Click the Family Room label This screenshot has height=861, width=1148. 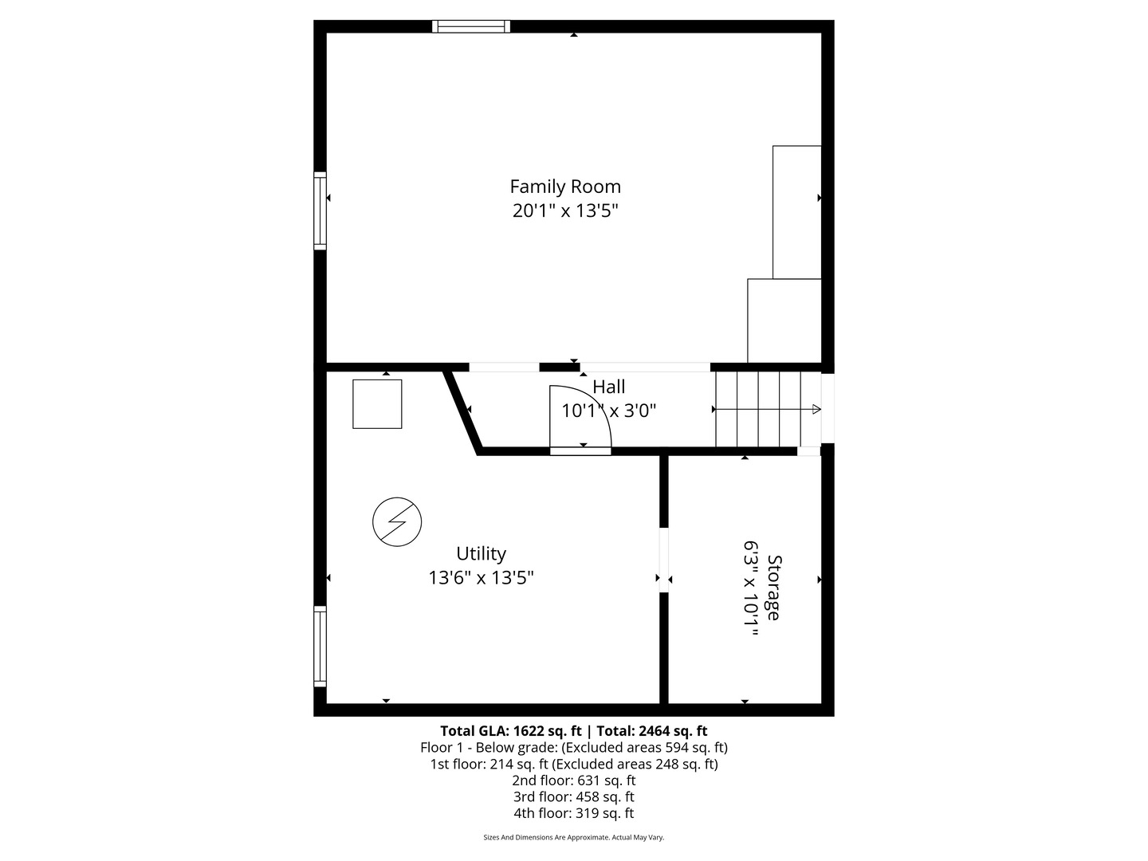(565, 187)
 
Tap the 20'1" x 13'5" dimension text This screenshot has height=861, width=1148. (565, 211)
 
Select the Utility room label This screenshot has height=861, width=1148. (481, 553)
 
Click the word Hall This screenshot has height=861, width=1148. (609, 387)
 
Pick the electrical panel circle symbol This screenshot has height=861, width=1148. (397, 521)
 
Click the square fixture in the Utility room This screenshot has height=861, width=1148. (377, 404)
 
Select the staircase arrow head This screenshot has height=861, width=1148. (816, 409)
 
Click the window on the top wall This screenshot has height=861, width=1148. (470, 26)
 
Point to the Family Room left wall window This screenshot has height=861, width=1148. (320, 210)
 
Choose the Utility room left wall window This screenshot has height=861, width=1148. (320, 646)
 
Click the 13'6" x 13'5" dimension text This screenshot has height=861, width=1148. (481, 578)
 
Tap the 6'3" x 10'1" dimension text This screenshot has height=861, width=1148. (750, 589)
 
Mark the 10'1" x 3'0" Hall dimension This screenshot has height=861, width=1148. (609, 411)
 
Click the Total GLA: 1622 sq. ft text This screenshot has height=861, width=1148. (511, 731)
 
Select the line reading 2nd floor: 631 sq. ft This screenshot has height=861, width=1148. (573, 780)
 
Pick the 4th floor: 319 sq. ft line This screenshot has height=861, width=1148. (573, 813)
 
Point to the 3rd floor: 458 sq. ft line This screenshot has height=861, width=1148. (573, 796)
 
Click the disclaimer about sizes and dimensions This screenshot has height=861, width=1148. (573, 838)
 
